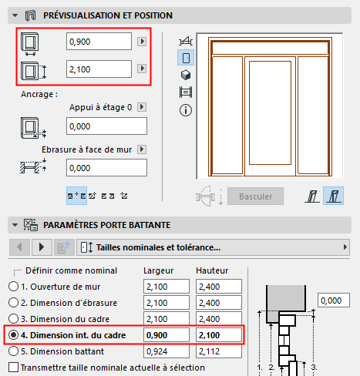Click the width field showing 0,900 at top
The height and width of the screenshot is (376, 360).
99,42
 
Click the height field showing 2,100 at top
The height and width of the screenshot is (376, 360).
99,70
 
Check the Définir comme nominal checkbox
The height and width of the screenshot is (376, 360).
18,271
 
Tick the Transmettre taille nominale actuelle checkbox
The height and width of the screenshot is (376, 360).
11,368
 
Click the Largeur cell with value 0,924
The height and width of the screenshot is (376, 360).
165,351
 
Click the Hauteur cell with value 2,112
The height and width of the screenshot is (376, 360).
217,351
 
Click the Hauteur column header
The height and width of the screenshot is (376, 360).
213,271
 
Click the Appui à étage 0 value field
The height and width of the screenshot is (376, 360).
106,126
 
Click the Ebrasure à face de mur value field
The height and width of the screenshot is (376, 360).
106,167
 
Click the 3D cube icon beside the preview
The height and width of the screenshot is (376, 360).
185,75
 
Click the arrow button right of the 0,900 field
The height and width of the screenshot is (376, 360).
142,42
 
